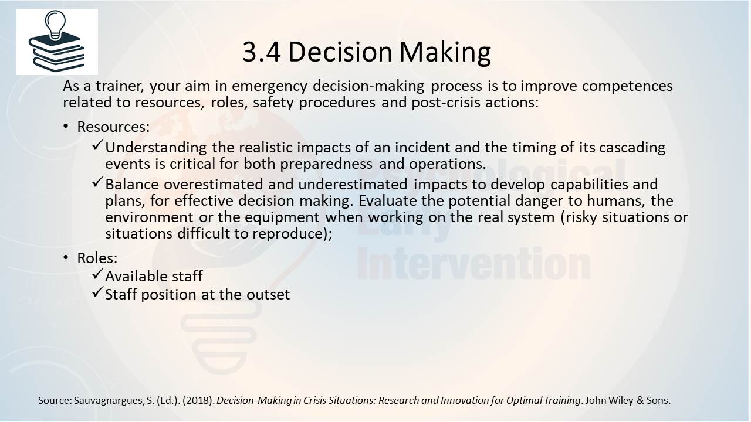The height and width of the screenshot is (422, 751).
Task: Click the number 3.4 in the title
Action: coord(262,52)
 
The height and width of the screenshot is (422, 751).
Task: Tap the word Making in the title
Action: coord(445,53)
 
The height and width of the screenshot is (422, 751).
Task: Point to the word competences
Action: coord(627,87)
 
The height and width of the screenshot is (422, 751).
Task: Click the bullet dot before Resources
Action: coord(66,127)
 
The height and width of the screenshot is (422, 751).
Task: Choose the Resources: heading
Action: coord(113,127)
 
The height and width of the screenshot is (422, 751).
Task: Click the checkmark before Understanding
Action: coord(97,145)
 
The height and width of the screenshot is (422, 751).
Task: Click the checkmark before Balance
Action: coord(97,182)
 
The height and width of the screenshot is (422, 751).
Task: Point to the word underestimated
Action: coord(353,184)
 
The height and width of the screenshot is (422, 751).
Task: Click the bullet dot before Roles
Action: coord(66,257)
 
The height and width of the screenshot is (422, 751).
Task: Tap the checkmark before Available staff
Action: coord(97,274)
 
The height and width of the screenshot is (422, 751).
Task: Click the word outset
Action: coord(268,295)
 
